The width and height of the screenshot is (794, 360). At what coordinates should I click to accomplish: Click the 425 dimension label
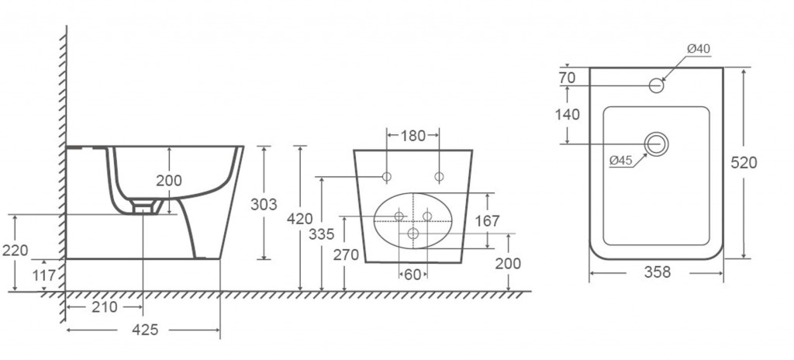click(145, 330)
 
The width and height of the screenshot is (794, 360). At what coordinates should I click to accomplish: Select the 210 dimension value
click(105, 306)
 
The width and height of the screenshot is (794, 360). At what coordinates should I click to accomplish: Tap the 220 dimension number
click(16, 251)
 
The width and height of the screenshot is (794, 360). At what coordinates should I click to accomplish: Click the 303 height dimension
click(264, 204)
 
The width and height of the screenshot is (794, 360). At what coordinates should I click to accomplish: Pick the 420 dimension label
click(300, 219)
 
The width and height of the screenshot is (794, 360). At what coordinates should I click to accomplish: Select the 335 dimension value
click(322, 234)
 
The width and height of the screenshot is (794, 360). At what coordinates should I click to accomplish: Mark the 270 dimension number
click(346, 254)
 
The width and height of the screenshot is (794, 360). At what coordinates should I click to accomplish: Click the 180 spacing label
click(413, 136)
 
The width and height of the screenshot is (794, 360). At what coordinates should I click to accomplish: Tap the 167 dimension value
click(487, 221)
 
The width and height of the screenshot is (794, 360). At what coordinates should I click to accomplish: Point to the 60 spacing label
click(413, 275)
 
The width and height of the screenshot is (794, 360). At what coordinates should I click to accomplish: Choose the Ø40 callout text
click(699, 49)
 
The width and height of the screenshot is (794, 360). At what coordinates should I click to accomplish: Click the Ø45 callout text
click(621, 161)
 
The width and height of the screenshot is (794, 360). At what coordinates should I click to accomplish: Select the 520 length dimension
click(744, 163)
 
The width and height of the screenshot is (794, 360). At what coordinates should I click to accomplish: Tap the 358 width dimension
click(658, 272)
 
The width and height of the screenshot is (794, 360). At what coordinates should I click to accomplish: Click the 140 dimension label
click(567, 115)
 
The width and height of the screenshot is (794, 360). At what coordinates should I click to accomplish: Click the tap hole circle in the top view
click(656, 78)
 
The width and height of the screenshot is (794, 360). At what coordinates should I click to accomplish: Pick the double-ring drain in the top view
click(656, 133)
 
